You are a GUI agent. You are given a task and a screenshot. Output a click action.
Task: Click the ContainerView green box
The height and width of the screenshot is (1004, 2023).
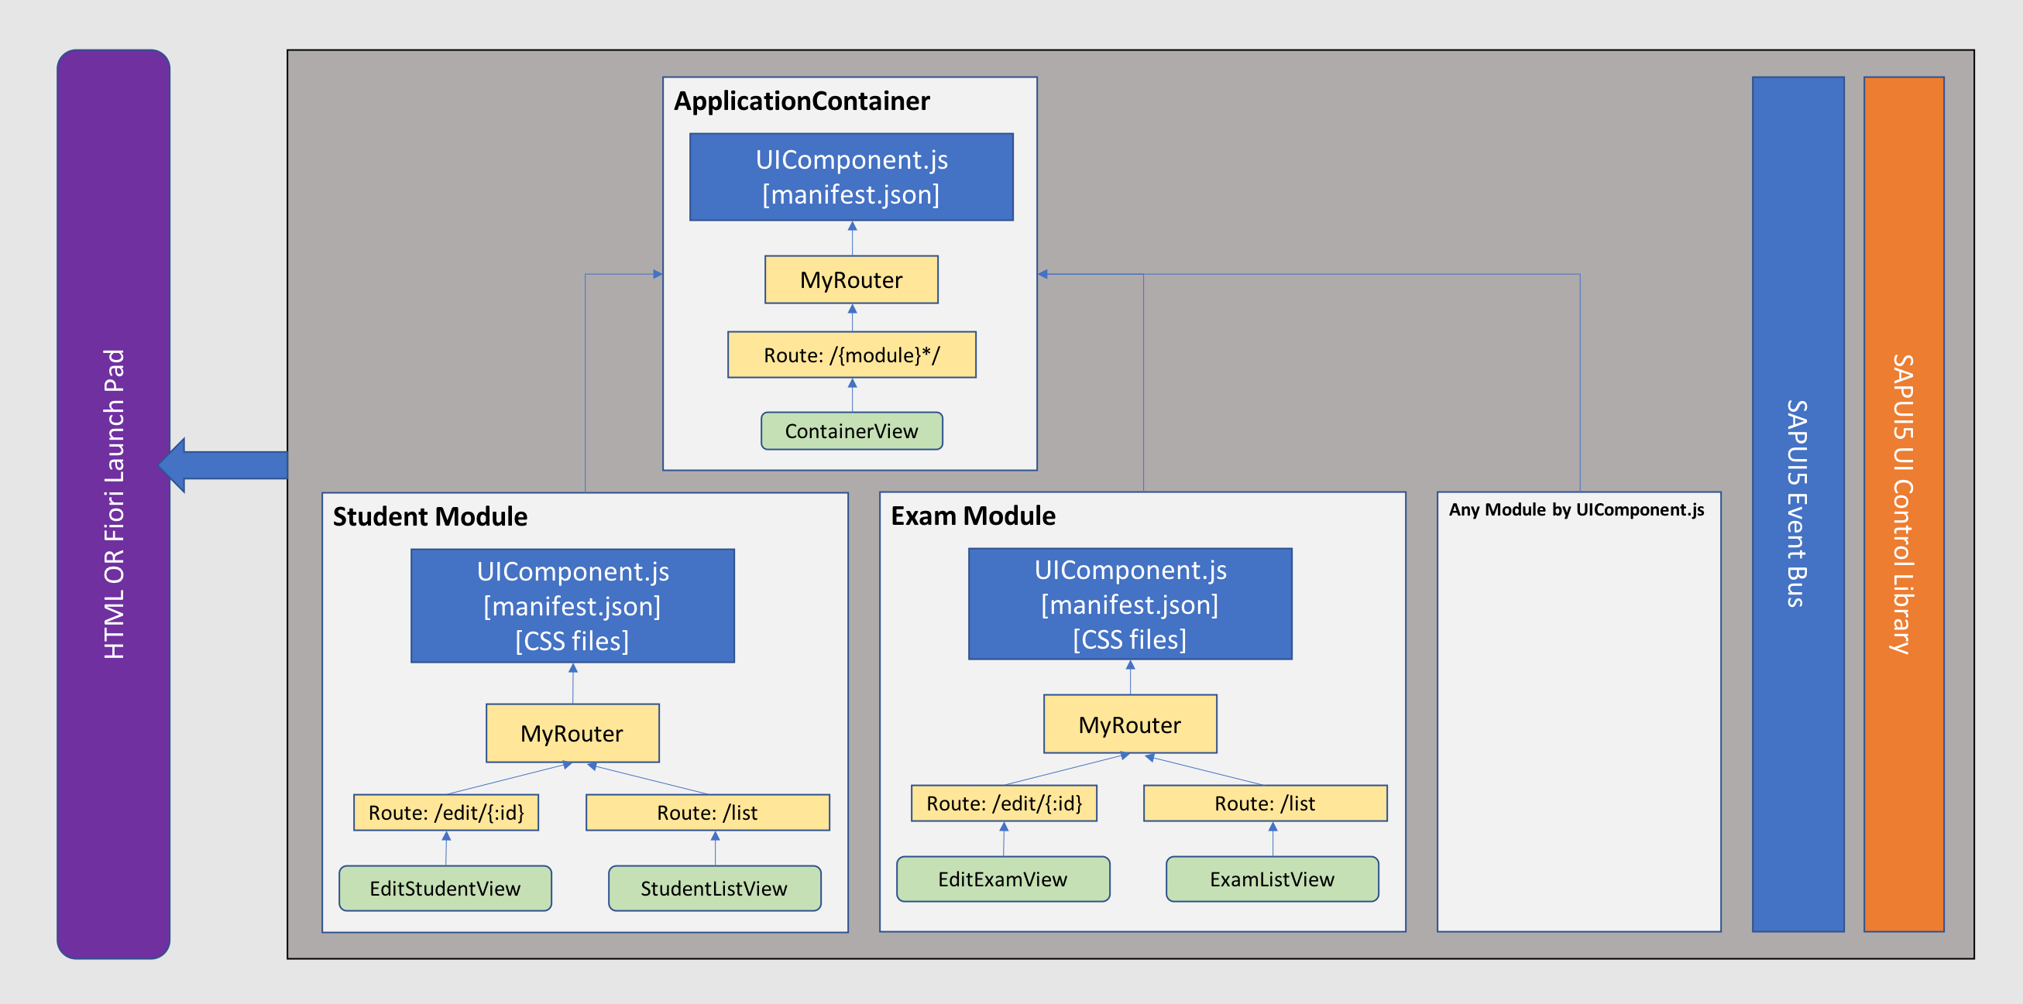(x=851, y=431)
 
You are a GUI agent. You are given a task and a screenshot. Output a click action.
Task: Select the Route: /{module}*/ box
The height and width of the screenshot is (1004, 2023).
(x=851, y=355)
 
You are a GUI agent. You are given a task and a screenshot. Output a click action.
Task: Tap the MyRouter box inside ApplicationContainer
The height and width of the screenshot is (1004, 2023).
(x=851, y=279)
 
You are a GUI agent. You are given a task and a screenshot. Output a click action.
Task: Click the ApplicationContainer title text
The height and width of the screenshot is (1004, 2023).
(x=802, y=101)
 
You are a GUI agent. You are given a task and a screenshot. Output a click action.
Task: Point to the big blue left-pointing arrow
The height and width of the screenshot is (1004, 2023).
(x=224, y=464)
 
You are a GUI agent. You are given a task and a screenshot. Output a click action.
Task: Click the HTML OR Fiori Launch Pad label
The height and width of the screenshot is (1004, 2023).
(x=114, y=504)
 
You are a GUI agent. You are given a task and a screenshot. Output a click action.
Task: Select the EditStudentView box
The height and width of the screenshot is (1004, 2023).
(x=445, y=888)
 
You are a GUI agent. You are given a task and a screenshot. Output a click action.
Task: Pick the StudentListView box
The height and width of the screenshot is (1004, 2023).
(x=714, y=888)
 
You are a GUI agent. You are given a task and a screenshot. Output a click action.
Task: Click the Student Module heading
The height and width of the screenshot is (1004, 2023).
(x=430, y=516)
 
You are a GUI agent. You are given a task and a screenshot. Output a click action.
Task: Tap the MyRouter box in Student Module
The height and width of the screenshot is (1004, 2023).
(x=572, y=733)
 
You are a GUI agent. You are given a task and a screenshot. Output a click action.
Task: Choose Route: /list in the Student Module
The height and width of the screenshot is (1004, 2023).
(x=707, y=813)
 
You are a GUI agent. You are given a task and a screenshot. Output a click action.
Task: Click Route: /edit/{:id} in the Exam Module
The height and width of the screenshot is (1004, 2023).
(x=1004, y=803)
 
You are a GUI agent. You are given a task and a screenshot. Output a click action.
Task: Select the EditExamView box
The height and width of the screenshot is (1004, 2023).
(x=1003, y=879)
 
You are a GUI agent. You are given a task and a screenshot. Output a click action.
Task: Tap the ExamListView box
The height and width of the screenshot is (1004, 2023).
(x=1272, y=879)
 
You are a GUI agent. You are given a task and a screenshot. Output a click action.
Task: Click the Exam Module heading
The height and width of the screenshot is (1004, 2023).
(x=973, y=516)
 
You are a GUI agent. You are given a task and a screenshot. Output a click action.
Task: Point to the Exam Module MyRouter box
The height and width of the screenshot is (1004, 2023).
(x=1129, y=725)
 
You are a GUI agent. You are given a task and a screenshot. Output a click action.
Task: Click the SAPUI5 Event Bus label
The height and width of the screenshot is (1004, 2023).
(x=1797, y=504)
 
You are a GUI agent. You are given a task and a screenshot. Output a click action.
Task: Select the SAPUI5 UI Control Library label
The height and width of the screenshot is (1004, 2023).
(x=1903, y=504)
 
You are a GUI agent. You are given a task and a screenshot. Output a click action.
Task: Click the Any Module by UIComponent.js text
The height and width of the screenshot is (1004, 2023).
(x=1576, y=509)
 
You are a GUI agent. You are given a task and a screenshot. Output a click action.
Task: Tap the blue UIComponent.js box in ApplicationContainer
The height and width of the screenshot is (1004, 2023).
(x=851, y=176)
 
